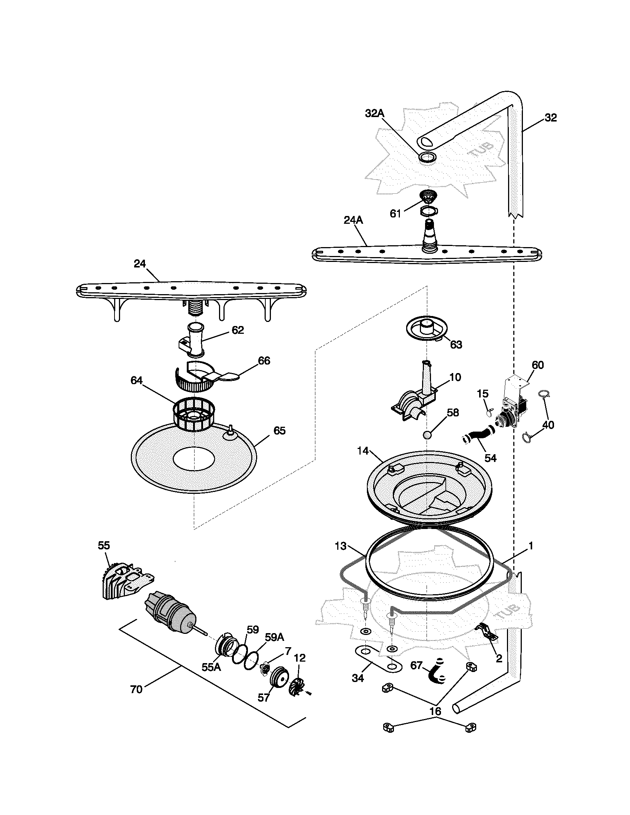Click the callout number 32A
coord(374,113)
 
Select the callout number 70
coord(136,690)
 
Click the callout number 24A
coord(353,220)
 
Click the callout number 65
coord(279,430)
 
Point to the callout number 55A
coord(211,667)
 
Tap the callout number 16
coord(435,711)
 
